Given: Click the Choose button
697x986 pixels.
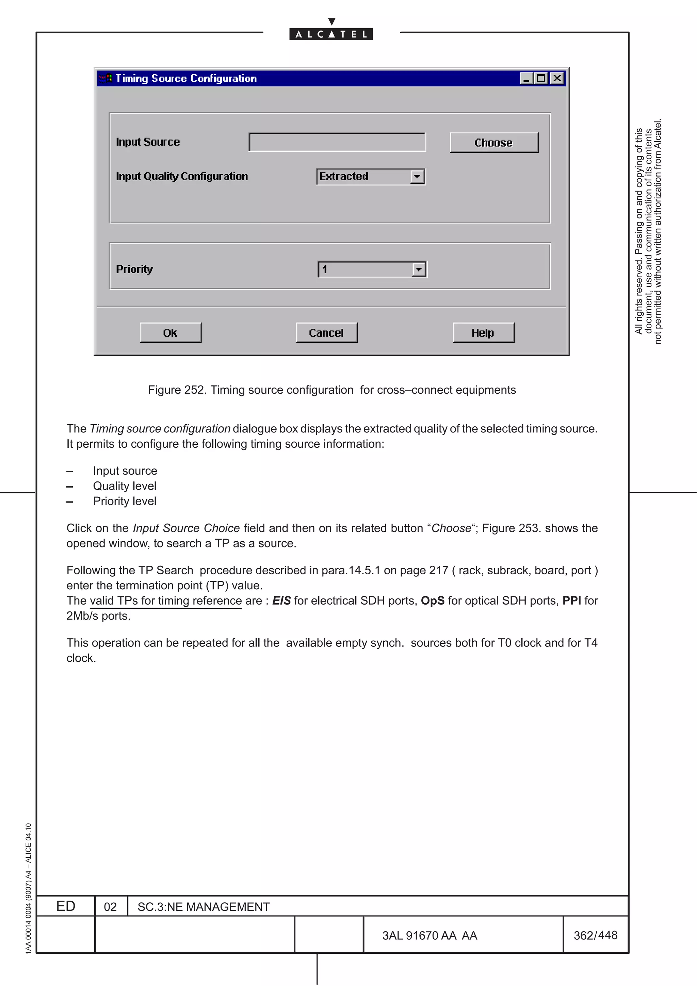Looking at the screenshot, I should [493, 143].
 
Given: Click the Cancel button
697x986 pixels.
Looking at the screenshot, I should [326, 333].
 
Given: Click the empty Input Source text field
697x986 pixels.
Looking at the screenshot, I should [337, 142].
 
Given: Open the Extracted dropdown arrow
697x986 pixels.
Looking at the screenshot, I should [417, 177].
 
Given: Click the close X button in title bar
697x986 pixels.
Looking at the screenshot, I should [557, 78].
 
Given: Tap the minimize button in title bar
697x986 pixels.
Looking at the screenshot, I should [526, 78].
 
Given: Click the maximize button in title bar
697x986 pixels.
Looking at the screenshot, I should [541, 78].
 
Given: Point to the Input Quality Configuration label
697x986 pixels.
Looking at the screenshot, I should [182, 177].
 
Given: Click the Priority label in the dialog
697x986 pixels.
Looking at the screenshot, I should [134, 269].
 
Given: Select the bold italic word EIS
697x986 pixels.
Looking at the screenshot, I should [281, 601].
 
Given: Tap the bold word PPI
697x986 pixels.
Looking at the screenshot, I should [572, 601].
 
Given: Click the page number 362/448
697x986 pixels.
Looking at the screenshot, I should [595, 935].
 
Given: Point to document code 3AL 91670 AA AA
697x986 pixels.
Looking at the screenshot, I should [429, 935].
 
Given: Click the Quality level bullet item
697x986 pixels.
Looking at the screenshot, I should [125, 486].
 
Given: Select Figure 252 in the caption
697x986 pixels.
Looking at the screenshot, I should [177, 390].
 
